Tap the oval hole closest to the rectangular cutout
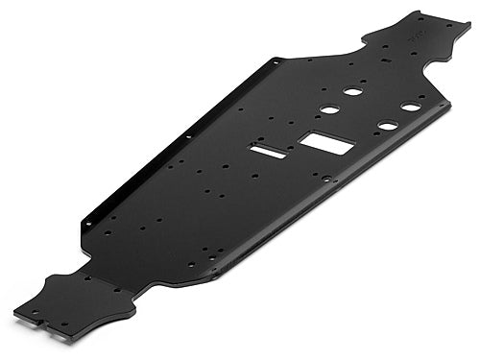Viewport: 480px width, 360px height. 329,109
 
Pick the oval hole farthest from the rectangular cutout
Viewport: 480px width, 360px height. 411,107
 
